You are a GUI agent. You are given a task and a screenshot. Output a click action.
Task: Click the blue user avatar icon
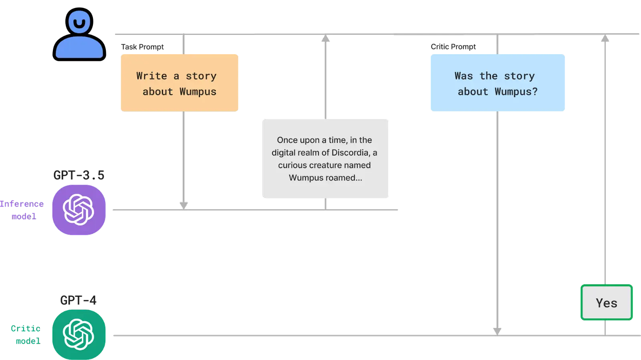pos(79,34)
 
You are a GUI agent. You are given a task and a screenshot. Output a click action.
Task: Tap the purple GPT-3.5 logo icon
pos(79,210)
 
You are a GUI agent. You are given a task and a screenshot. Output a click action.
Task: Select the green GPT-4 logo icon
pos(79,334)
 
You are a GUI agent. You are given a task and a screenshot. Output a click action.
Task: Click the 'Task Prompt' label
pos(142,47)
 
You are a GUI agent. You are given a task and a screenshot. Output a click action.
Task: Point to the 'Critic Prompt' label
pos(453,47)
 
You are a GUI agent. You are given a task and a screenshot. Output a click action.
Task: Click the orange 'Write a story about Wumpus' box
pos(179,83)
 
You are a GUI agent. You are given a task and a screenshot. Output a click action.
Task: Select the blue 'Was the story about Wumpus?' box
pos(498,83)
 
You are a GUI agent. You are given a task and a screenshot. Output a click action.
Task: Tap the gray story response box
pos(325,158)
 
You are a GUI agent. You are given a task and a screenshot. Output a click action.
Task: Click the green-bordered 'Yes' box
pos(607,302)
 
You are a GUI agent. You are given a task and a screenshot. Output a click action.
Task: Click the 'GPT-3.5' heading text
pos(79,175)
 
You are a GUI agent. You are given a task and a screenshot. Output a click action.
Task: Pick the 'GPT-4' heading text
pos(79,300)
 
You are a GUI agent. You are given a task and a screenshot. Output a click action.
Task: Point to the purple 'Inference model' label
pos(22,210)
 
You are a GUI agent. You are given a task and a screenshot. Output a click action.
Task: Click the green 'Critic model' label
pos(26,334)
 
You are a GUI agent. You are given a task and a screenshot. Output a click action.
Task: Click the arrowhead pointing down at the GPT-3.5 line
pos(184,206)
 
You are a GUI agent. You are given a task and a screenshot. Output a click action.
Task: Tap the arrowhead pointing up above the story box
pos(325,38)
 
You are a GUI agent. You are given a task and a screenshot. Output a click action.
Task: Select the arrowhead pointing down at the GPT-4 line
pos(497,332)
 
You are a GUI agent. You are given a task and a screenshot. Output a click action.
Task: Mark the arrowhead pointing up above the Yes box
pos(605,38)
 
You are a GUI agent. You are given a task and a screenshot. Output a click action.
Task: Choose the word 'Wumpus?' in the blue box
pos(516,92)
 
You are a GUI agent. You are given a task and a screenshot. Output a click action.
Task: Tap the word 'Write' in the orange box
pos(152,76)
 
